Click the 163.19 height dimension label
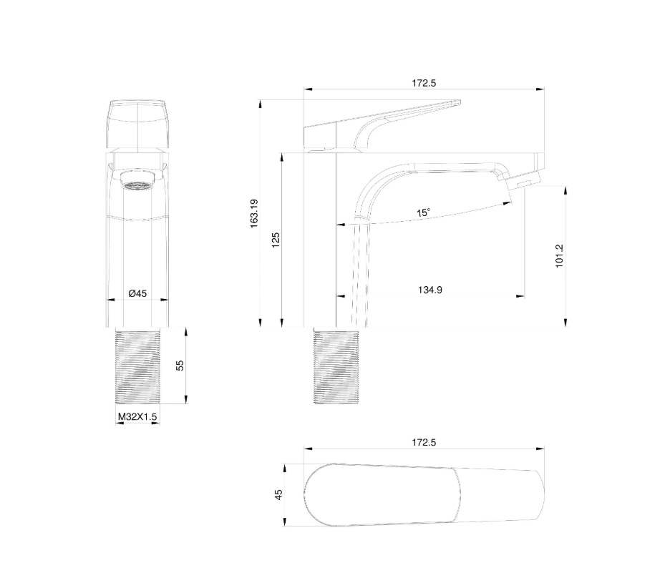(x=254, y=214)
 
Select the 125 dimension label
(x=276, y=240)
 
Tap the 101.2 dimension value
(x=559, y=255)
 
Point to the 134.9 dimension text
(x=430, y=290)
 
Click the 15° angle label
(x=423, y=212)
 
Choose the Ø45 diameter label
(x=137, y=293)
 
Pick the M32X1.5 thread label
(x=137, y=416)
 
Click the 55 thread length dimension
(x=180, y=365)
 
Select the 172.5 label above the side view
(x=424, y=83)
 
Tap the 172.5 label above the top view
(x=424, y=442)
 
